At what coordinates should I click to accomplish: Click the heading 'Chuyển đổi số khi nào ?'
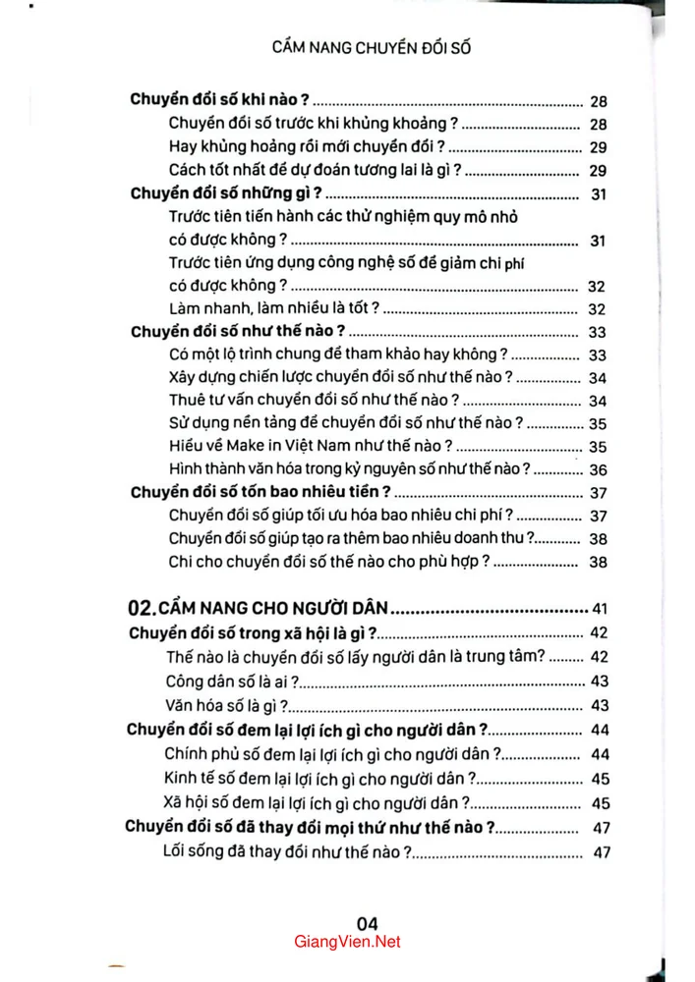220,100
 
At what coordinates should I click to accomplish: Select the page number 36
598,469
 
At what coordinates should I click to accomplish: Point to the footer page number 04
367,922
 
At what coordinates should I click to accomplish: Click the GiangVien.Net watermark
347,942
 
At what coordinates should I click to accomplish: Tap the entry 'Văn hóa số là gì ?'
228,705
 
